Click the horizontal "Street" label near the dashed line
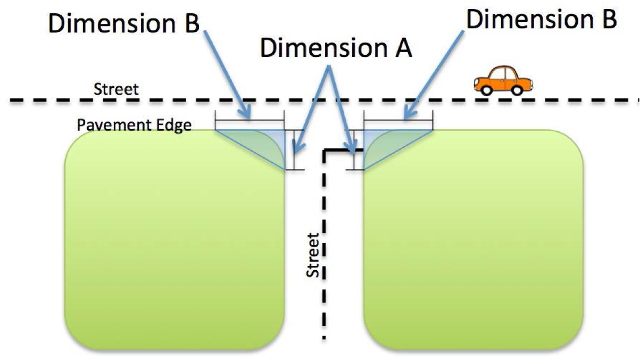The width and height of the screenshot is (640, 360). coord(115,89)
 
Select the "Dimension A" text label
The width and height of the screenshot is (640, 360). coord(336,48)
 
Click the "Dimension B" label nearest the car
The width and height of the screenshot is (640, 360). coord(542,20)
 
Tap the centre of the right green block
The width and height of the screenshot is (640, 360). coord(473,239)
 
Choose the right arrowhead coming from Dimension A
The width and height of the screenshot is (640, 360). coord(352,150)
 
